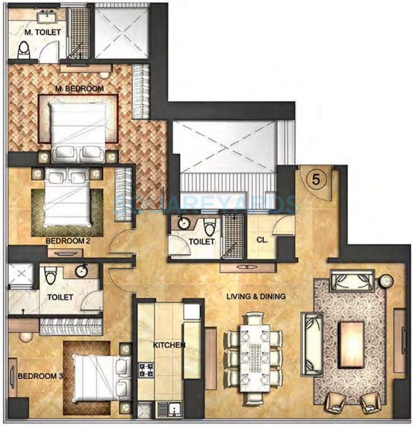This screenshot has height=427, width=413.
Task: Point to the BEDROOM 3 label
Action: [x=40, y=376]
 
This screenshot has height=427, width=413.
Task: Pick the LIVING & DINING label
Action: [x=256, y=296]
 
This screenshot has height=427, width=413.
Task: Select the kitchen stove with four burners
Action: [x=146, y=369]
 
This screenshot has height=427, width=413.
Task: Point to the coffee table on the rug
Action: [x=351, y=345]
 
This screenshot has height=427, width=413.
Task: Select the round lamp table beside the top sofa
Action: [x=387, y=281]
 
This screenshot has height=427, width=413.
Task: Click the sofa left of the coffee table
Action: [x=312, y=344]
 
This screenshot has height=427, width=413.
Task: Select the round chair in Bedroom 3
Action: [x=26, y=336]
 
